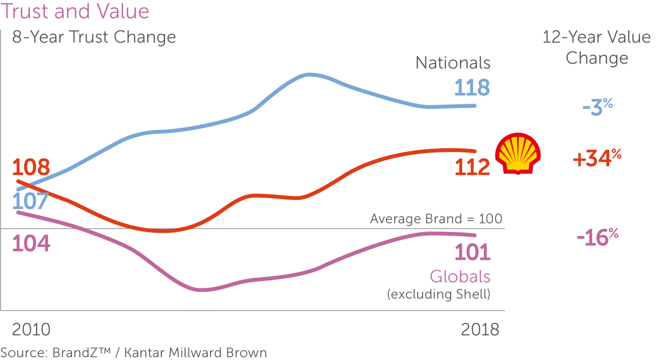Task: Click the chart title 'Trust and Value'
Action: tap(75, 11)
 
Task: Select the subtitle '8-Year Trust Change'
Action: tap(94, 37)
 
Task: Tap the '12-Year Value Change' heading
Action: tap(597, 48)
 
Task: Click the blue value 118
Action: tap(472, 88)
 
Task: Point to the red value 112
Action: tap(472, 167)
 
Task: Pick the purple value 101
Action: tap(472, 252)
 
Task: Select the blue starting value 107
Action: tap(30, 202)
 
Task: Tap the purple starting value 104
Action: tap(31, 244)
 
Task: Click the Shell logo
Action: tap(519, 153)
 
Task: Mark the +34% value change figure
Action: tap(597, 159)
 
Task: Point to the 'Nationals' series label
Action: tap(453, 63)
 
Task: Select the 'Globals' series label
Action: tap(460, 277)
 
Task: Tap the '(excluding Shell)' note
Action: tap(438, 295)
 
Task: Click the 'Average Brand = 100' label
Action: tap(436, 219)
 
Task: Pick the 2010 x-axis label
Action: tap(31, 330)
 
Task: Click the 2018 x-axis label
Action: tap(480, 330)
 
